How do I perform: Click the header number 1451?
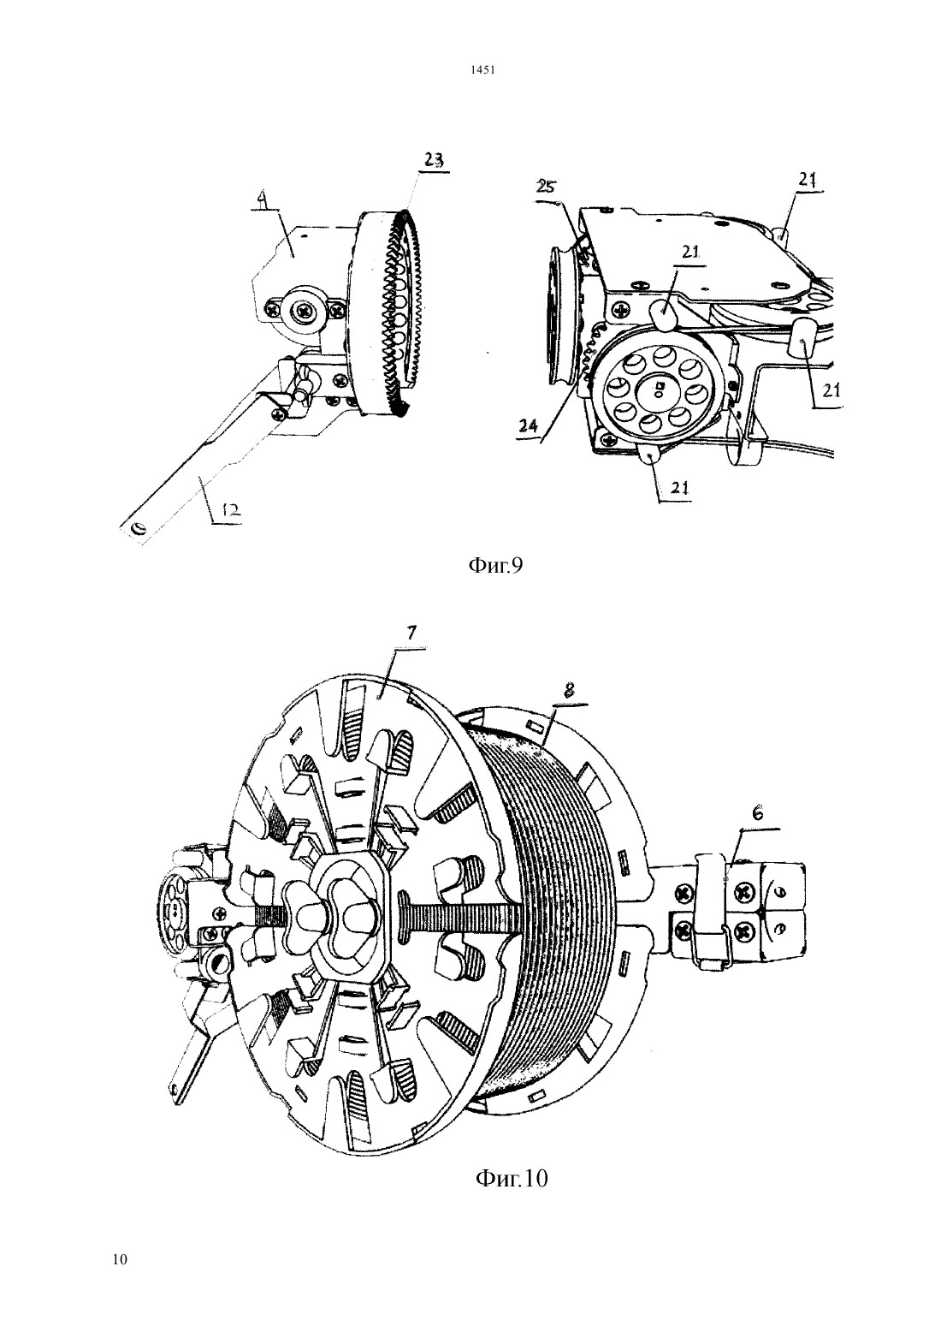point(483,70)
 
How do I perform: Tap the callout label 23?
point(433,159)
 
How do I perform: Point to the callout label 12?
point(232,510)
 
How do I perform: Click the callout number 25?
point(546,187)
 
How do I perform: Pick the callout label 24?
point(527,425)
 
